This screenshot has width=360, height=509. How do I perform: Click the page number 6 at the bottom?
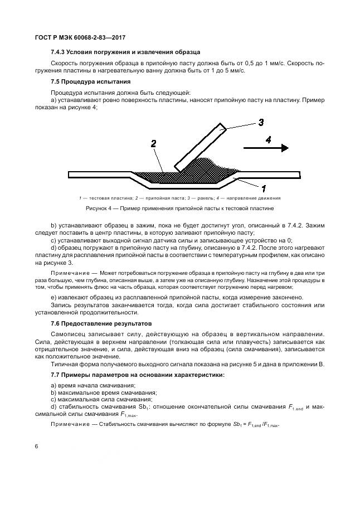pyautogui.click(x=36, y=447)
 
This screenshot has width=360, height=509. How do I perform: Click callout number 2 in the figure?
pyautogui.click(x=153, y=144)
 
